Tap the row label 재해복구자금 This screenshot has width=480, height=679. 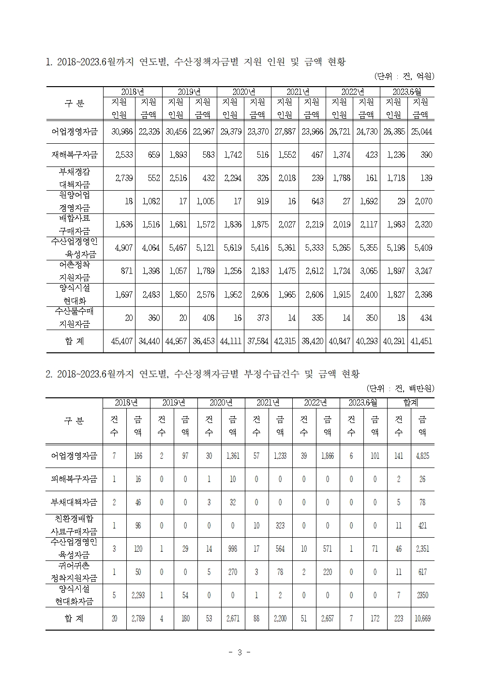(x=75, y=155)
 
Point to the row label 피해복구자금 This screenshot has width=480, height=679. (x=75, y=479)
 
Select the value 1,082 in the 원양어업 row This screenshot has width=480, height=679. (x=149, y=201)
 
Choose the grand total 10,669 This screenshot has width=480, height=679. (x=422, y=619)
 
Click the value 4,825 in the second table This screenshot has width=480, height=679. (x=422, y=456)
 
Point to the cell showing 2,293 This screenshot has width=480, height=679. (x=138, y=596)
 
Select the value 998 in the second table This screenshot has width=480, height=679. (x=233, y=549)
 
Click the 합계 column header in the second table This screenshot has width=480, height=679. (x=410, y=403)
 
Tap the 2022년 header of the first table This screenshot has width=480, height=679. (x=353, y=91)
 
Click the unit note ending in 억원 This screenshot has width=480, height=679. (x=404, y=76)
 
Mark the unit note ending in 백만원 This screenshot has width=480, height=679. (x=400, y=389)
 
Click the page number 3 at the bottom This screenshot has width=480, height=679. (x=240, y=653)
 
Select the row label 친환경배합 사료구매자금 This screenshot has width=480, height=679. (x=75, y=526)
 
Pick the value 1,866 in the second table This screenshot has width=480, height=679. (x=327, y=456)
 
